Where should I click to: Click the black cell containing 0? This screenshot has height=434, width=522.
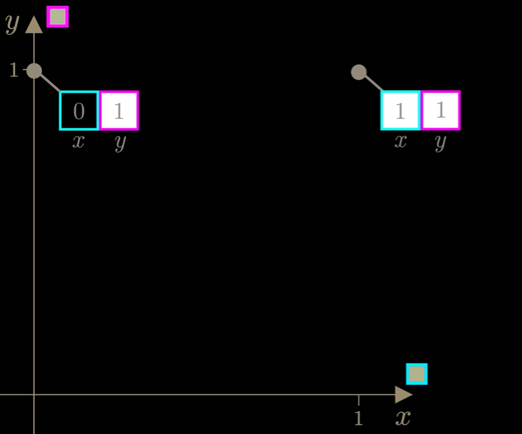tap(79, 110)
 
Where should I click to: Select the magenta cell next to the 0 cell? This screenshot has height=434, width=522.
tap(119, 110)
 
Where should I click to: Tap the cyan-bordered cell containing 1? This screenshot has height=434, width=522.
tap(400, 110)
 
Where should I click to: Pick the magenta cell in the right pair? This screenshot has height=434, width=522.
tap(441, 110)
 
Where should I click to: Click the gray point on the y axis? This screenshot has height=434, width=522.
tap(34, 70)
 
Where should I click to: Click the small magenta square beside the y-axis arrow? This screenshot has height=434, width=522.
tap(57, 17)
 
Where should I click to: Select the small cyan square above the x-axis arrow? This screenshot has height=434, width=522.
tap(417, 374)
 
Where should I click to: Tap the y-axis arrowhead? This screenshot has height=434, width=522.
tap(34, 24)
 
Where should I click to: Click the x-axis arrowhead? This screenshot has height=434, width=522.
tap(404, 395)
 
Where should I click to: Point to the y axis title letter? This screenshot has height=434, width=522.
tap(13, 24)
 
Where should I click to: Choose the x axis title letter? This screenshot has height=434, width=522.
tap(403, 418)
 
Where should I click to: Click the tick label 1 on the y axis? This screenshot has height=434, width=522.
tap(14, 70)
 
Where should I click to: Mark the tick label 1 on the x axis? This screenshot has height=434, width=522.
tap(358, 418)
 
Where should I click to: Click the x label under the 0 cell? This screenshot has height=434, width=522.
tap(78, 142)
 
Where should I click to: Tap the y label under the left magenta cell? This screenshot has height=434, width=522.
tap(120, 143)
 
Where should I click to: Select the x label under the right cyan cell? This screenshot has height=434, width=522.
tap(400, 141)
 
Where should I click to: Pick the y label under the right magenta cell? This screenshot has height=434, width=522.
tap(440, 143)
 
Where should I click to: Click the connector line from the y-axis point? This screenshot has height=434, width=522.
tap(50, 83)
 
